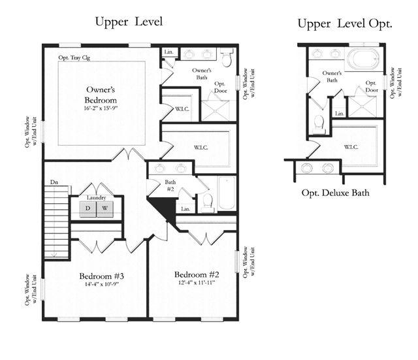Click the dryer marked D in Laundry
[x=88, y=208]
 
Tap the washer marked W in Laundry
[x=104, y=208]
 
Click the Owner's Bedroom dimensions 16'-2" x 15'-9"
[x=101, y=108]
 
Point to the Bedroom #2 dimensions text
[x=197, y=283]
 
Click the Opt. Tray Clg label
[x=74, y=57]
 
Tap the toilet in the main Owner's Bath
[x=227, y=57]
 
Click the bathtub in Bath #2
[x=227, y=193]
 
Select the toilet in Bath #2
[x=208, y=203]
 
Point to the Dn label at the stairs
[x=54, y=182]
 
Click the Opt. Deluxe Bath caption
[x=335, y=193]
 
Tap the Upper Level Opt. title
[x=345, y=24]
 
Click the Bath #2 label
[x=170, y=186]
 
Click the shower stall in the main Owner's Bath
[x=215, y=110]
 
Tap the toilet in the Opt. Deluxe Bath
[x=319, y=125]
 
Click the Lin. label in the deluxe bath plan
[x=340, y=113]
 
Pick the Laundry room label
[x=96, y=197]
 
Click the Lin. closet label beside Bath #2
[x=185, y=209]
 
